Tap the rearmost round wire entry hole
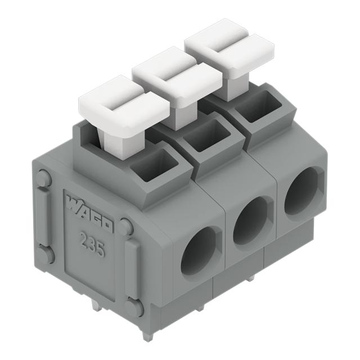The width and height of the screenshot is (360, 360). coord(301,194)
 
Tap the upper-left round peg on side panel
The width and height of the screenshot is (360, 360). coord(43,179)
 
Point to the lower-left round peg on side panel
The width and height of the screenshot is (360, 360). coord(46,255)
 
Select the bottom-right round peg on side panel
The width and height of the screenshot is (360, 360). coord(134,307)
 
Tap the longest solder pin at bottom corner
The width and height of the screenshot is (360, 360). coord(147,335)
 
